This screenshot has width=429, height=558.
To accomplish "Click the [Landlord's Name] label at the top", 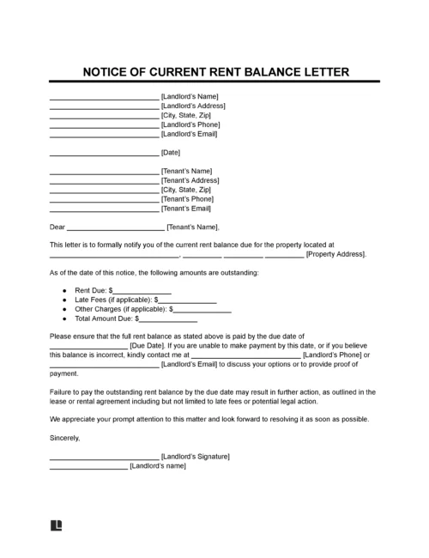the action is click(190, 96).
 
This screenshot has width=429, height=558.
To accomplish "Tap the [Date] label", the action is click(171, 153).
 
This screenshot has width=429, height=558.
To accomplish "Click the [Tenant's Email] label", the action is click(187, 209).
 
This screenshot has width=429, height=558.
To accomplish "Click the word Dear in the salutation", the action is click(57, 227).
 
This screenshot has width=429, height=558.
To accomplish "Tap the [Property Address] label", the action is click(335, 255).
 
